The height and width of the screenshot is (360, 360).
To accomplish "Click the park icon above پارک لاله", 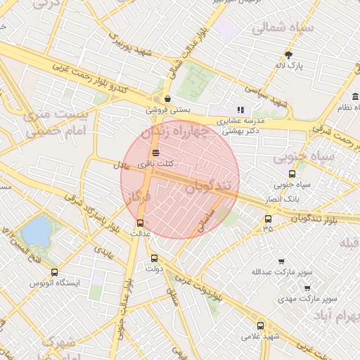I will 288,54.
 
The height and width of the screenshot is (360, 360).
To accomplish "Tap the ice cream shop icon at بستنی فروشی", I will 167,99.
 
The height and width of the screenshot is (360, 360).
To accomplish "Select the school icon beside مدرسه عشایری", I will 240,110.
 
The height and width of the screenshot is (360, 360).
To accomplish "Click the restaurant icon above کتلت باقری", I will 155,153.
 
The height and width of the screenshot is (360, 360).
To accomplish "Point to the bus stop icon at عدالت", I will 140,223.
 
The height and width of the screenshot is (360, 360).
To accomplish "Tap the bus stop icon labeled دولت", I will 155,258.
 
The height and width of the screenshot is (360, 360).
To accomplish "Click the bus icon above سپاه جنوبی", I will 292,174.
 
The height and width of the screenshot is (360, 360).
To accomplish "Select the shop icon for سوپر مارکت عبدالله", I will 281,261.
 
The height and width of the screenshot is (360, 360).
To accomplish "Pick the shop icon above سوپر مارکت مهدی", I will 307,288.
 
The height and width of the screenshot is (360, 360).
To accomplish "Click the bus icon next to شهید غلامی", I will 261,326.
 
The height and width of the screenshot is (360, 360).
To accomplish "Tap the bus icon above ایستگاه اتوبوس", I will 55,272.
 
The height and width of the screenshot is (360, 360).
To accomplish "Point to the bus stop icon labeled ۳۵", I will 267,219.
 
